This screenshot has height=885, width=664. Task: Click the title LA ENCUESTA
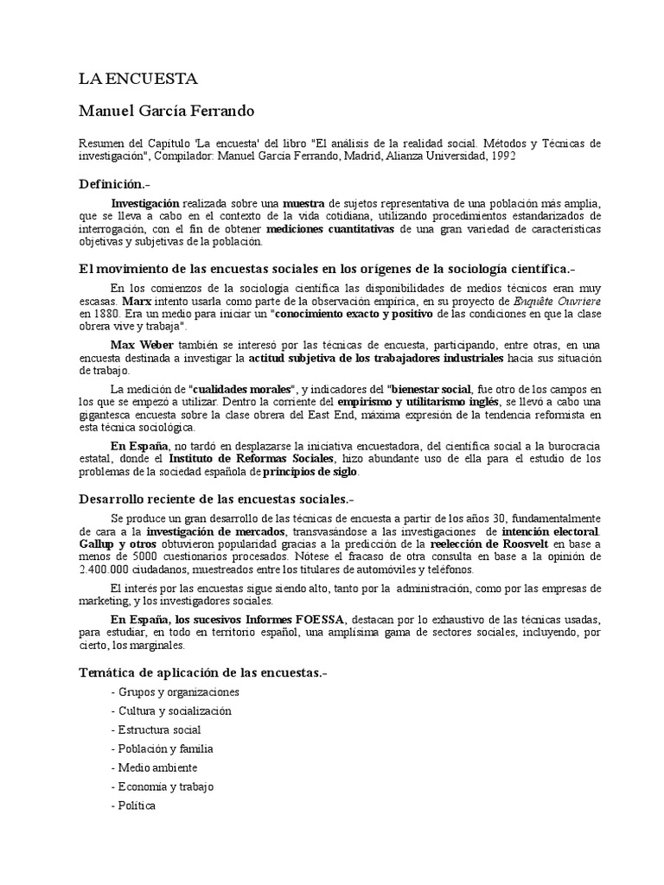[x=138, y=80]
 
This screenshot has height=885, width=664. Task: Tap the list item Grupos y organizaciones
[x=176, y=692]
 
